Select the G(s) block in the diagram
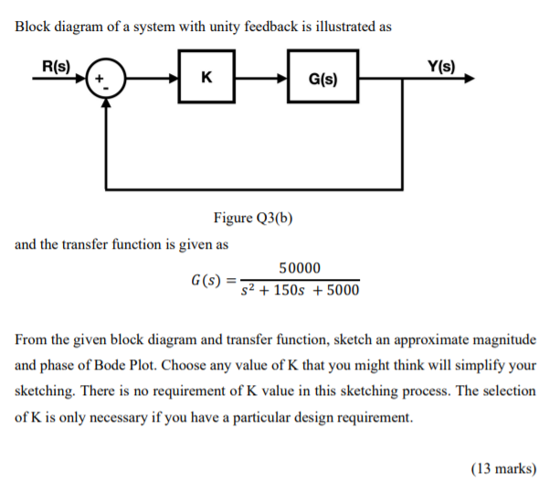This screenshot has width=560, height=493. (x=322, y=79)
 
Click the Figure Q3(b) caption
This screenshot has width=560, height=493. (x=254, y=218)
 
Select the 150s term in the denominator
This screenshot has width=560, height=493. (x=291, y=291)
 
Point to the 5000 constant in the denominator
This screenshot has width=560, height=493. (x=340, y=291)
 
